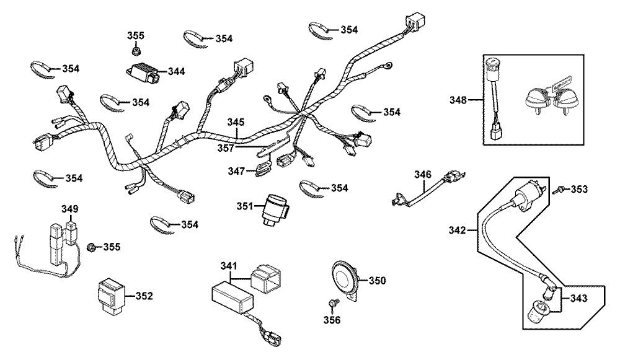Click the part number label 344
pos(176,71)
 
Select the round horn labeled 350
pos(344,280)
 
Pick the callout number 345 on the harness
pos(236,121)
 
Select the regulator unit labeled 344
pos(143,74)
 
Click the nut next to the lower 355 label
pos(91,247)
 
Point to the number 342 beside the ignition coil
pos(458,230)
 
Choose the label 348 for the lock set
pos(458,100)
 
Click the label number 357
pos(226,148)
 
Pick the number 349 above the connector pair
pos(69,209)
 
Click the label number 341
pos(229,266)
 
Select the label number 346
pos(423,174)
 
